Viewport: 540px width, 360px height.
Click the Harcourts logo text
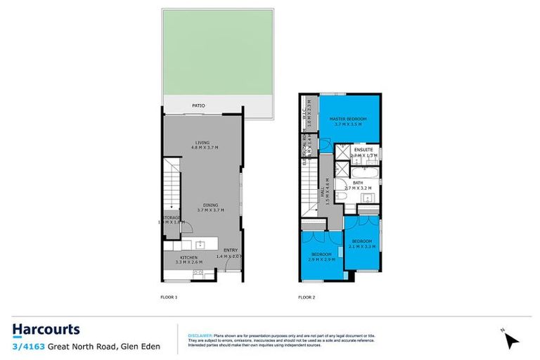click(46, 330)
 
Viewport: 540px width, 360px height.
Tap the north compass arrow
click(511, 340)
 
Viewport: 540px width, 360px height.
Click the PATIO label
click(200, 106)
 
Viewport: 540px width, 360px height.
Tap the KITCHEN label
click(188, 258)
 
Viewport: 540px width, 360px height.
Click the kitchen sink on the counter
click(200, 245)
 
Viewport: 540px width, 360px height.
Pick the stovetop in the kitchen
click(198, 271)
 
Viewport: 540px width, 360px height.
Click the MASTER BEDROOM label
click(349, 120)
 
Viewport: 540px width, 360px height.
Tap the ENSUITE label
click(363, 150)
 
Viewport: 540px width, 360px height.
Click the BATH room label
click(359, 182)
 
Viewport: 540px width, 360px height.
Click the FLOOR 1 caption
click(169, 297)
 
